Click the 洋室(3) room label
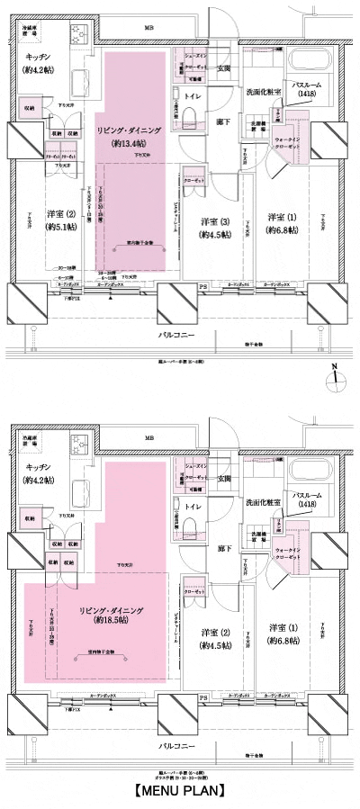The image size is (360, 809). pos(214,221)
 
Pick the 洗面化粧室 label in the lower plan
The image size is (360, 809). pos(263,500)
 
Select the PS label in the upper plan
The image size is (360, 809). pos(203,289)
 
